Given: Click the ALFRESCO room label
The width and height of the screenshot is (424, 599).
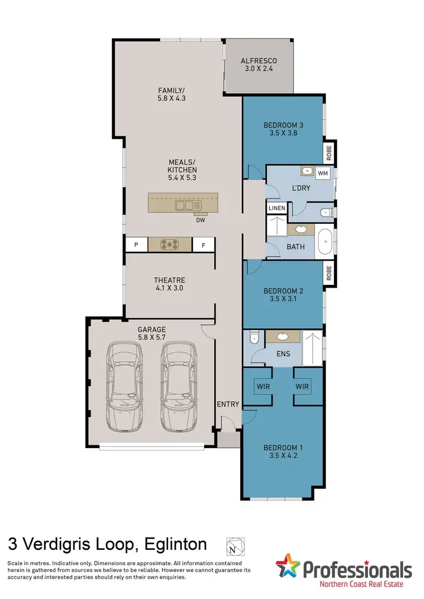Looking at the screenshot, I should pyautogui.click(x=258, y=61).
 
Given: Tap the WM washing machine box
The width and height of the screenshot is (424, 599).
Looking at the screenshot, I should pyautogui.click(x=323, y=172).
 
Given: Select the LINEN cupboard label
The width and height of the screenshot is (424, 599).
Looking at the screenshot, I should pyautogui.click(x=277, y=209).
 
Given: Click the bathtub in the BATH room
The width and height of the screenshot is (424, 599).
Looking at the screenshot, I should pyautogui.click(x=325, y=242).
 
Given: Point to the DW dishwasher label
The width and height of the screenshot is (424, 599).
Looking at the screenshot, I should pyautogui.click(x=200, y=220).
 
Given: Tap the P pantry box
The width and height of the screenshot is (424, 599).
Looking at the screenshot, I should pyautogui.click(x=136, y=245).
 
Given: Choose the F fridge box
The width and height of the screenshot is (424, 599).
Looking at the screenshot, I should pyautogui.click(x=203, y=245).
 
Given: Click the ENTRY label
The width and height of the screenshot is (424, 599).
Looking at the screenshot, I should pyautogui.click(x=228, y=405).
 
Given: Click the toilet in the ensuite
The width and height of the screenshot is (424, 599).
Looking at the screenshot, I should pyautogui.click(x=253, y=338).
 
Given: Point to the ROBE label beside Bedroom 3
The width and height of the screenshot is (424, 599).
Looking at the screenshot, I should pyautogui.click(x=329, y=151).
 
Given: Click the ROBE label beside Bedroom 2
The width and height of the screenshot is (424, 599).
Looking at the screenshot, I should pyautogui.click(x=329, y=274).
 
